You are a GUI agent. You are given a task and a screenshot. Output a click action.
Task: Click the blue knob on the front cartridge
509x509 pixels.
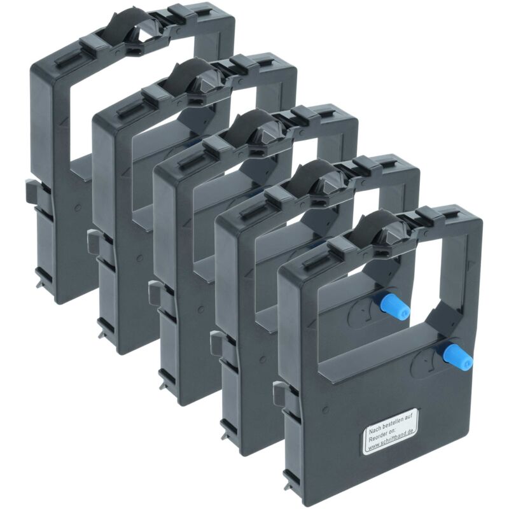[x=458, y=356]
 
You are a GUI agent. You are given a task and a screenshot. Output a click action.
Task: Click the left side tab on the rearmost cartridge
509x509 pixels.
[x=31, y=192]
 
